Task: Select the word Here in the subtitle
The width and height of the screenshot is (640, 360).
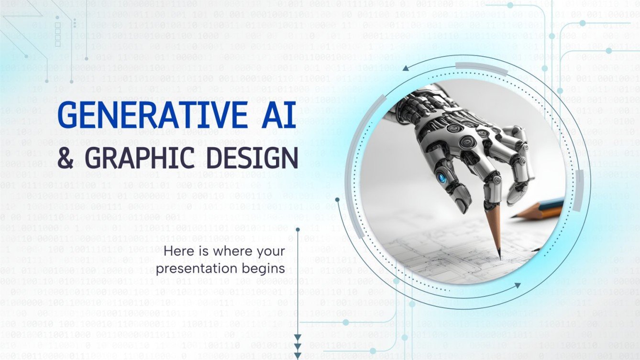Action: [x=177, y=251]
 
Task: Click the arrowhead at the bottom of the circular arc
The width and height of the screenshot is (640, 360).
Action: [x=518, y=285]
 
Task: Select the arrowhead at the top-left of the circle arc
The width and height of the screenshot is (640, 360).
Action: [x=406, y=68]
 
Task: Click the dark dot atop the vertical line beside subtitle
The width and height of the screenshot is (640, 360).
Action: [x=298, y=230]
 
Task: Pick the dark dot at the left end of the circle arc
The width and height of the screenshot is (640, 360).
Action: [x=337, y=199]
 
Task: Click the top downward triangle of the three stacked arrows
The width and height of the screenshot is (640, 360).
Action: [x=298, y=337]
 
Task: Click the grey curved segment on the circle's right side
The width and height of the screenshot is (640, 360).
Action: [x=579, y=191]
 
